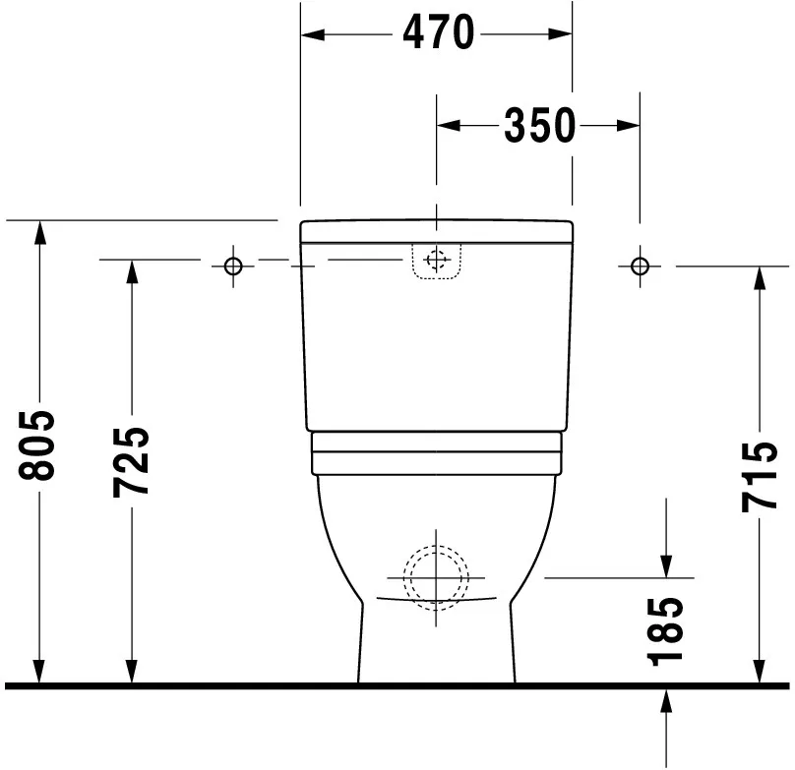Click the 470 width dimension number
tap(438, 35)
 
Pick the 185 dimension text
tap(666, 630)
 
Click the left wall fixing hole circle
tap(233, 265)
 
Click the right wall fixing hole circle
tap(640, 265)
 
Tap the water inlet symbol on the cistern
tap(436, 261)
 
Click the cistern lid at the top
tap(436, 231)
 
